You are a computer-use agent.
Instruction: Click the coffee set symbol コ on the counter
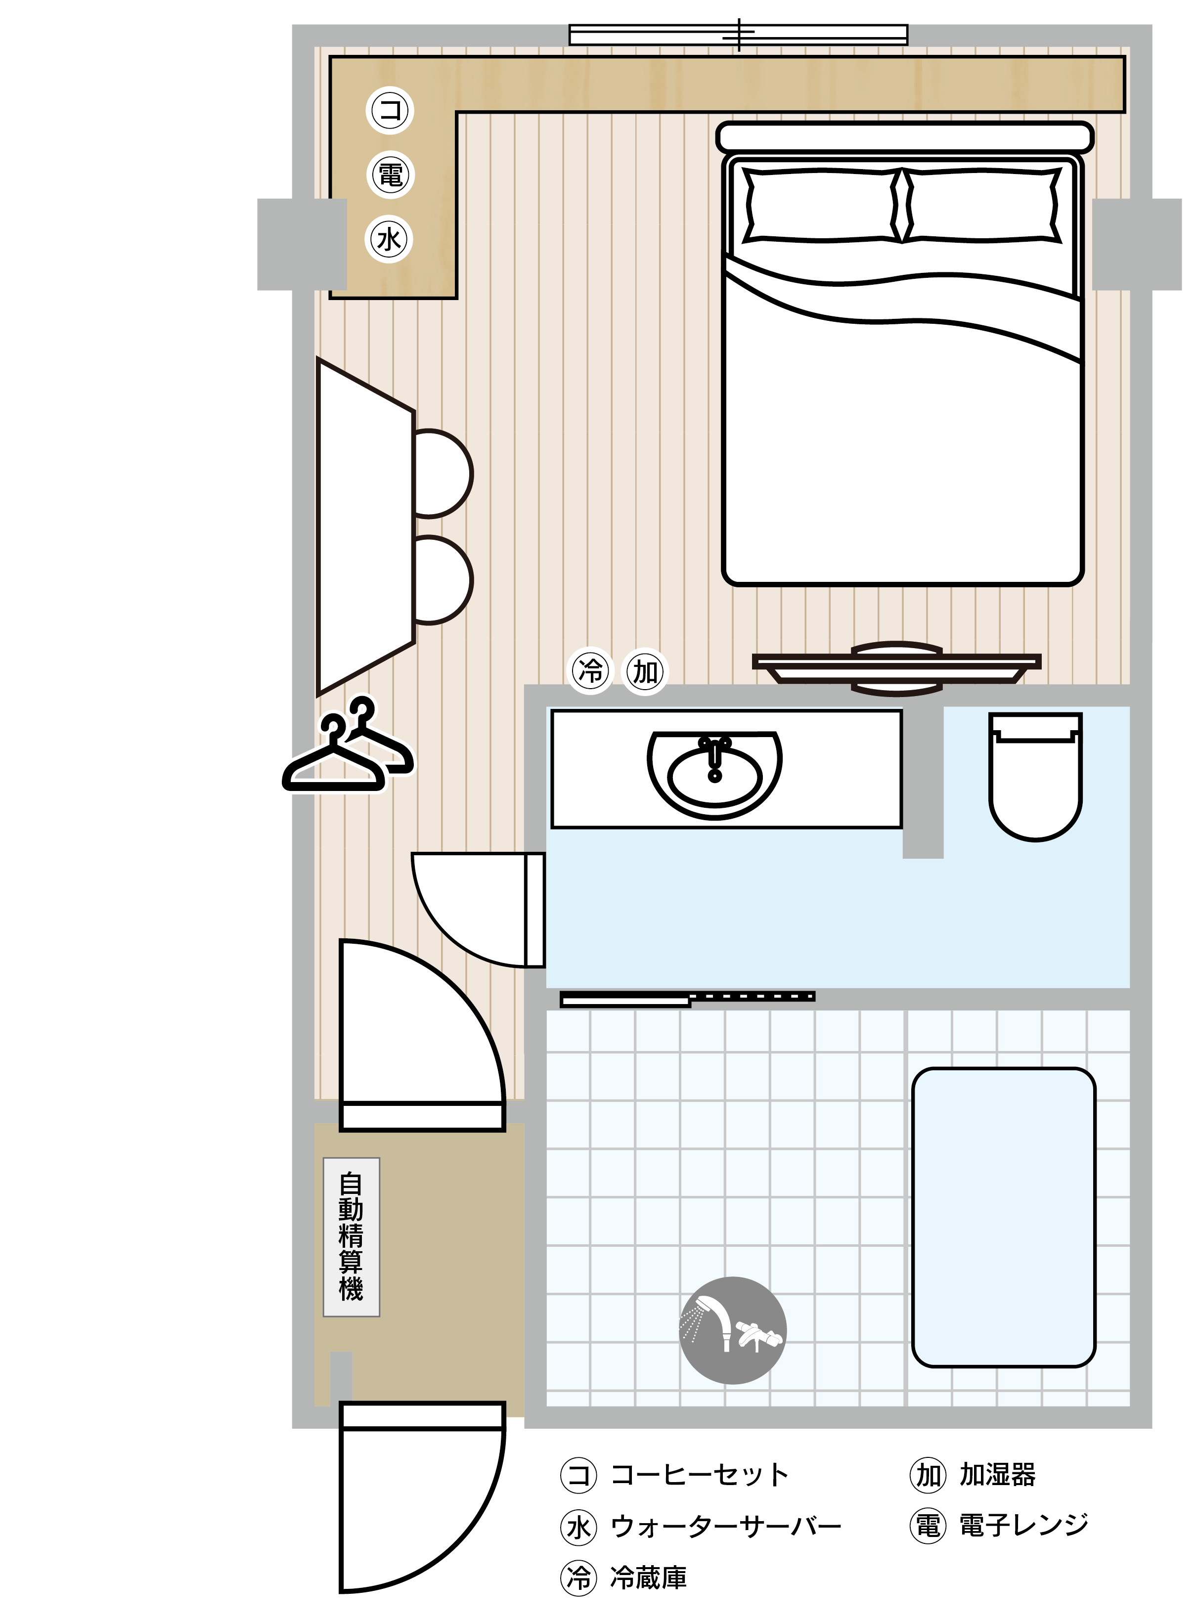390,110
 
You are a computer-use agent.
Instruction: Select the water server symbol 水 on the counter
390,239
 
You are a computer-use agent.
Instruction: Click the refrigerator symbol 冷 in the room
590,671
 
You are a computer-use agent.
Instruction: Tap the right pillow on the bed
982,206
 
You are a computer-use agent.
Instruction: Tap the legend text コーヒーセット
699,1475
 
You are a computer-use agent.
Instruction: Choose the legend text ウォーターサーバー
726,1527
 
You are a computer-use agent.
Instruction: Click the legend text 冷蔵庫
649,1578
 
